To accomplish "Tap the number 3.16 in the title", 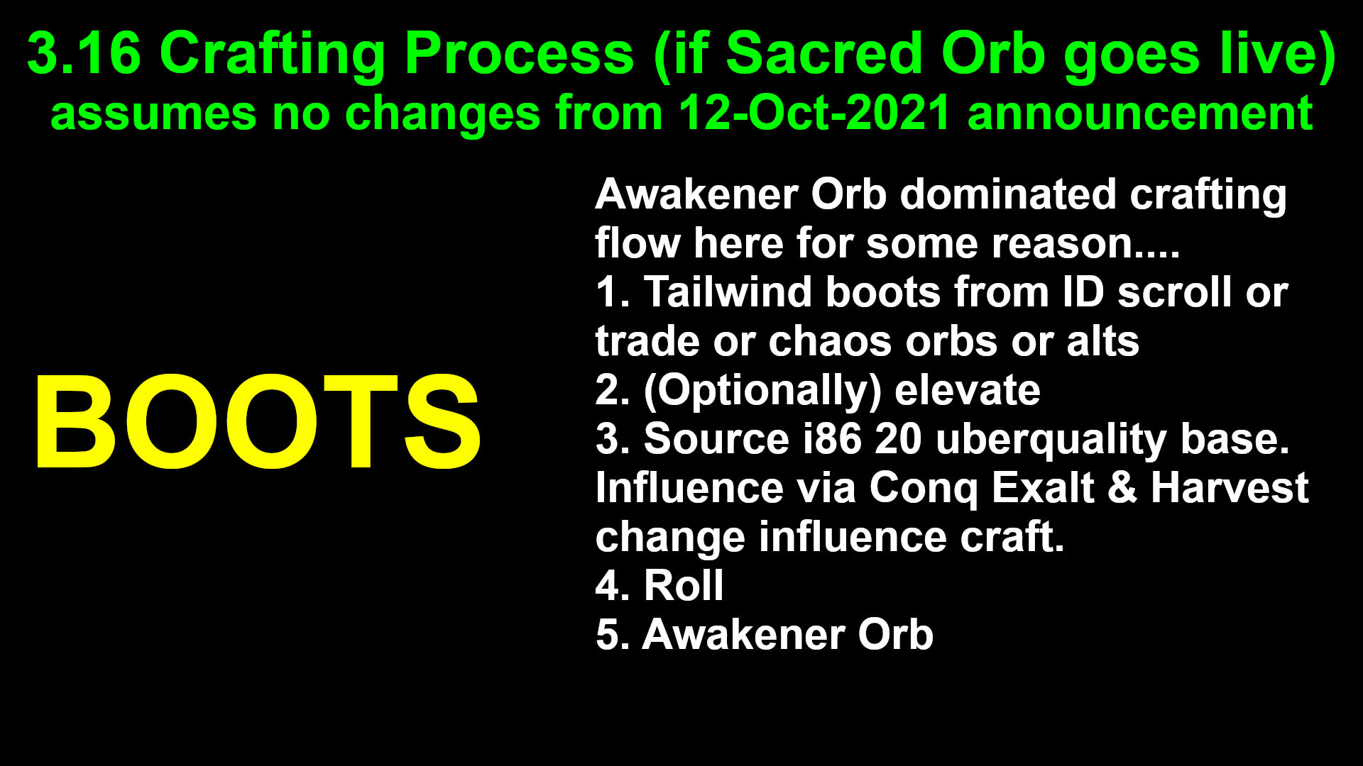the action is (84, 54).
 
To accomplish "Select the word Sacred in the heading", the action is (823, 54).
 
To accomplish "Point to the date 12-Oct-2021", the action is (814, 113).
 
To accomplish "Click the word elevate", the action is (968, 391).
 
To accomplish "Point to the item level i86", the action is (832, 439).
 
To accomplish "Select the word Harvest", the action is (1230, 488).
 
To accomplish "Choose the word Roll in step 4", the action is (684, 586).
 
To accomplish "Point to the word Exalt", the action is (1043, 488).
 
